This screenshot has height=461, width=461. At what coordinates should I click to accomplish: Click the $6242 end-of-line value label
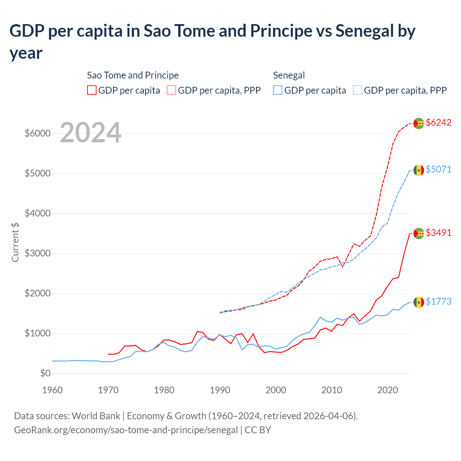tap(438, 122)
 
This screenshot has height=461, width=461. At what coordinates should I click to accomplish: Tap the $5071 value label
tap(438, 169)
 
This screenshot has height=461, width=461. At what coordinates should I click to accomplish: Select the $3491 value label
tap(438, 233)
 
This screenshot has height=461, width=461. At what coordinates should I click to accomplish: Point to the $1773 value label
tap(438, 301)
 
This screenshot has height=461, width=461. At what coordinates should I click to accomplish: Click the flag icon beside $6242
tap(419, 123)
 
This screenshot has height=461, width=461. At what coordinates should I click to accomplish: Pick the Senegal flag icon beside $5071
tap(419, 170)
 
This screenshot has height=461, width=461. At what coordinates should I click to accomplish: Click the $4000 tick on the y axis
tap(37, 213)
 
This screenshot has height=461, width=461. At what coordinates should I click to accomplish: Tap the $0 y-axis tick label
tap(45, 373)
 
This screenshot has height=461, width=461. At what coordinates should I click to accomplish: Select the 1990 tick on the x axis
tap(220, 390)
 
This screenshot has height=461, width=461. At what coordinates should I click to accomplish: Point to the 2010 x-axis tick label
tap(332, 390)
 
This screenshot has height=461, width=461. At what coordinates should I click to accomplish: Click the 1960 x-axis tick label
tap(53, 390)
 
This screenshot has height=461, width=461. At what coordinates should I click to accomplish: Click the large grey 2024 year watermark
tap(90, 133)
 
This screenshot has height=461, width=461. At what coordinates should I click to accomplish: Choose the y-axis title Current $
tap(15, 242)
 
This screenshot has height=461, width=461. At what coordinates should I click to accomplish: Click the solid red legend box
tap(92, 90)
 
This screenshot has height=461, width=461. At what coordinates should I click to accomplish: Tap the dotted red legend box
tap(171, 90)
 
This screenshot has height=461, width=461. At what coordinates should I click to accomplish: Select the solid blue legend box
tap(278, 90)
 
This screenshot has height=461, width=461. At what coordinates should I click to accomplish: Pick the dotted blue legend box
tap(357, 90)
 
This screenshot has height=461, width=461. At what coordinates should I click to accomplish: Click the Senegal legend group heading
tap(289, 75)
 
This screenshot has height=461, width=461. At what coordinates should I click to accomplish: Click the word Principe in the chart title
tap(281, 31)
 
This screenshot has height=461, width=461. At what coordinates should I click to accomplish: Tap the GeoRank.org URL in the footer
tap(126, 430)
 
